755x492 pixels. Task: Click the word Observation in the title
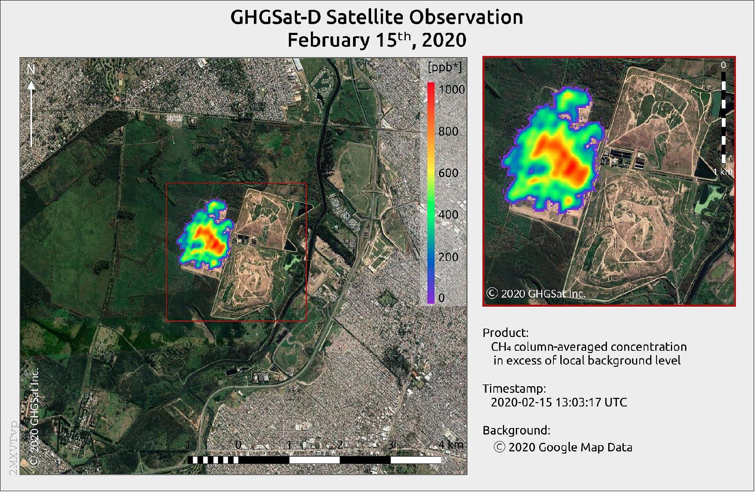(466, 17)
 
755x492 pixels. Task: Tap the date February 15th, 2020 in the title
(376, 40)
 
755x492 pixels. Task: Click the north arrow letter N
(31, 69)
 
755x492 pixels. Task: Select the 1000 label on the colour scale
(452, 89)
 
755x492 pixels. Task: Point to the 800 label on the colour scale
(448, 131)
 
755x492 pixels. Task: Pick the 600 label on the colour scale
(448, 173)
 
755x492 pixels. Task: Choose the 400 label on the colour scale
(448, 215)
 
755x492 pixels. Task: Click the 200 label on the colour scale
(448, 257)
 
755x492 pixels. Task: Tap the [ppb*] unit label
(445, 67)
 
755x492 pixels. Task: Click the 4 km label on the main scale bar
(451, 444)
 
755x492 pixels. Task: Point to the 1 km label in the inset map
(722, 172)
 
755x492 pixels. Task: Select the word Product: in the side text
(505, 333)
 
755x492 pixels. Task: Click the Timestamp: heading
(514, 388)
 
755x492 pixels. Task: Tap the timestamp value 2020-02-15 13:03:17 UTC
(559, 402)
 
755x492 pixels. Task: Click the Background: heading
(516, 430)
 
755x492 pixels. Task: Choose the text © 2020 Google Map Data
(563, 447)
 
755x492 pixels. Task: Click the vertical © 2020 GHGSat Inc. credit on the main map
(35, 416)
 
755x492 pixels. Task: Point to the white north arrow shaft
(31, 117)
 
